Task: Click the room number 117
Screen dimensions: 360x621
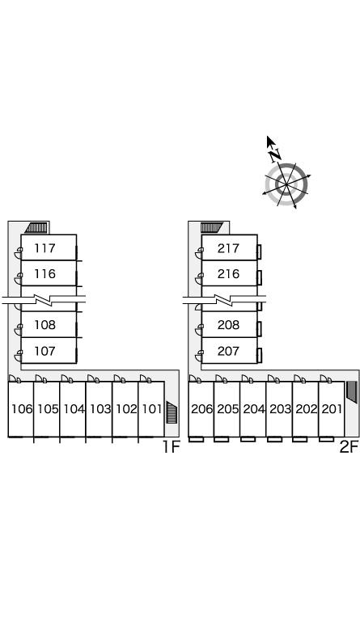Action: pyautogui.click(x=44, y=248)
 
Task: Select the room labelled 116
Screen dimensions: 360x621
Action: pyautogui.click(x=44, y=273)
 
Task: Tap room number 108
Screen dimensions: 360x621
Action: pyautogui.click(x=44, y=325)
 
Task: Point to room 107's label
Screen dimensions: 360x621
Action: pyautogui.click(x=44, y=351)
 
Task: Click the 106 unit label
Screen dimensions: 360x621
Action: pyautogui.click(x=22, y=408)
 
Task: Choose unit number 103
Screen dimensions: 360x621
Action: pyautogui.click(x=100, y=408)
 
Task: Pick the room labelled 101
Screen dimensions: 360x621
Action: pyautogui.click(x=152, y=408)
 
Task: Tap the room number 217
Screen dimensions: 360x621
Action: pyautogui.click(x=228, y=248)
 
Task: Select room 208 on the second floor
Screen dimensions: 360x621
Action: pyautogui.click(x=228, y=325)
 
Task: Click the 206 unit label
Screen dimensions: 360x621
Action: pyautogui.click(x=202, y=408)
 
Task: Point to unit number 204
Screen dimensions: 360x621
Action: pyautogui.click(x=254, y=408)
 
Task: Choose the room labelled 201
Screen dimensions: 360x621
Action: pyautogui.click(x=332, y=408)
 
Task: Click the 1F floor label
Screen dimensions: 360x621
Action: pyautogui.click(x=171, y=447)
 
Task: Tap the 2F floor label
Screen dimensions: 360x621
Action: pyautogui.click(x=349, y=447)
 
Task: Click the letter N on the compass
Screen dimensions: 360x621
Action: pyautogui.click(x=274, y=155)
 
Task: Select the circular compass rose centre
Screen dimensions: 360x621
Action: pyautogui.click(x=286, y=184)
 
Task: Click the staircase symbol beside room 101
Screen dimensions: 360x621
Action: pyautogui.click(x=172, y=412)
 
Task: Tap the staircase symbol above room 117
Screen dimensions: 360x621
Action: pyautogui.click(x=36, y=227)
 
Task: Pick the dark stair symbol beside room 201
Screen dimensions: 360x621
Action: pyautogui.click(x=352, y=392)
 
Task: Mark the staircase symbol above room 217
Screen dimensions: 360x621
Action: pyautogui.click(x=212, y=227)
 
